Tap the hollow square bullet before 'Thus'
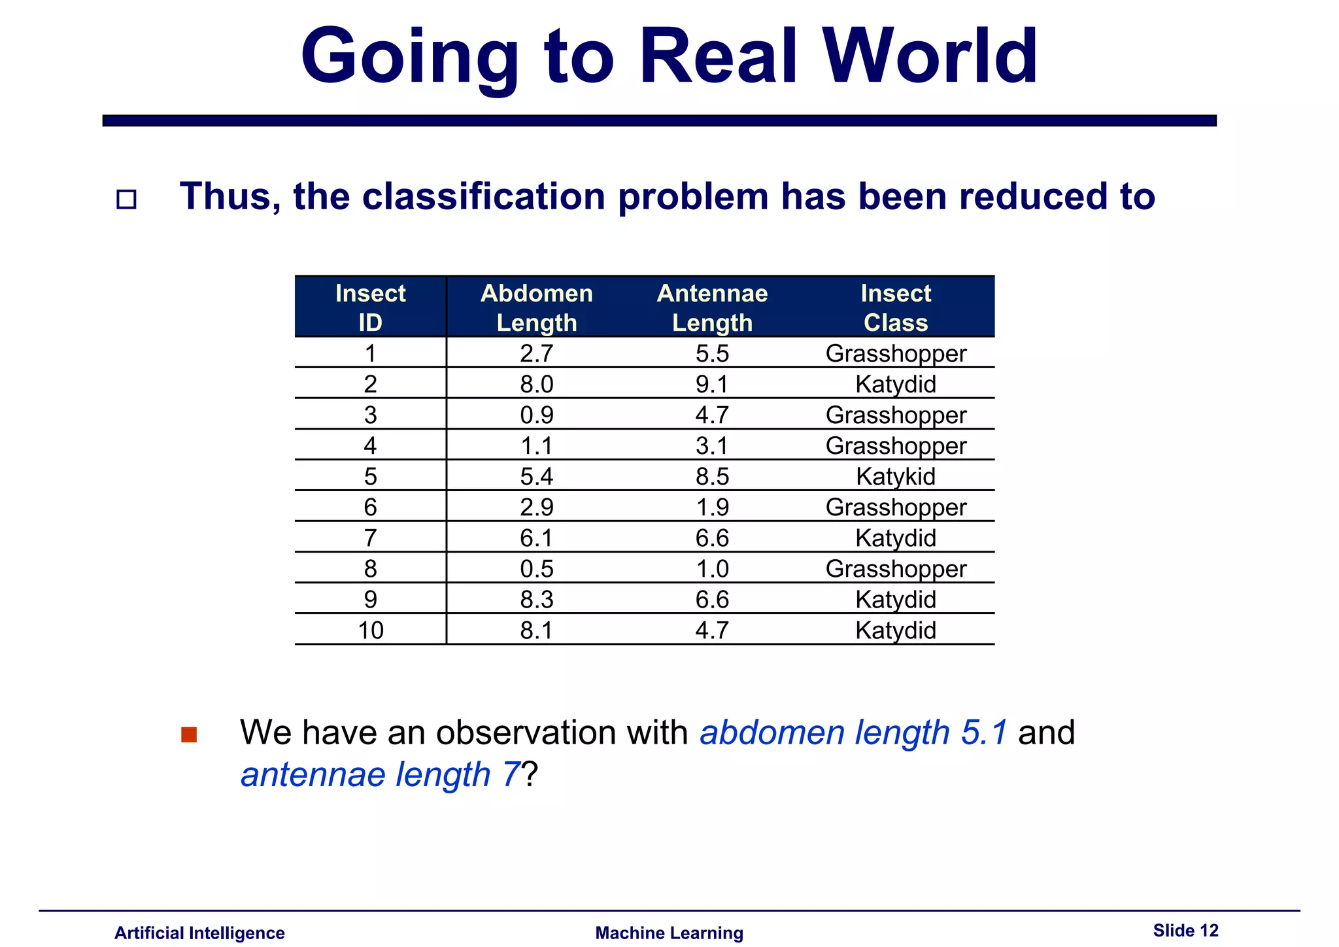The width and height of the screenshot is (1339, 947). pos(126,199)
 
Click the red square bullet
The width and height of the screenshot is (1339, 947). pos(189,734)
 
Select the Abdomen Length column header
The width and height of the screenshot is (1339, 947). pos(537,307)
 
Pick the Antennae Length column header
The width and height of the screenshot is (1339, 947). pos(712,307)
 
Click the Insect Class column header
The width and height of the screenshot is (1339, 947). pos(896,307)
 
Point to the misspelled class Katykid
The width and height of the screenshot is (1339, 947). pos(896,476)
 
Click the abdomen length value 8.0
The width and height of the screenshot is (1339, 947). pos(537,384)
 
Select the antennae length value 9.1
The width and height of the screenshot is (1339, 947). pos(712,384)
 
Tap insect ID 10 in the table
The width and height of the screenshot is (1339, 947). pos(371,630)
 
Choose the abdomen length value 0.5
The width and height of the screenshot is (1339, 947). pos(537,568)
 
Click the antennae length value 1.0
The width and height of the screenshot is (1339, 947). pos(712,568)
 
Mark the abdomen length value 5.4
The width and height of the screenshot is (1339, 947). pos(537,476)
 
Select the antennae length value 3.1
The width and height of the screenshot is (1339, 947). pos(712,445)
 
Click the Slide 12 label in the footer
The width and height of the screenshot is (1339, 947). pos(1185,930)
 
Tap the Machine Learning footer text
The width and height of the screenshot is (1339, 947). pos(669,933)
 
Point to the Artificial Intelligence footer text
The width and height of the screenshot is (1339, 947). pos(199,933)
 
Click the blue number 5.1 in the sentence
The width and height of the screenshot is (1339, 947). pos(984,732)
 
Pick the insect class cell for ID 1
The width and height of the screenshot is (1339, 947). pos(896,353)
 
